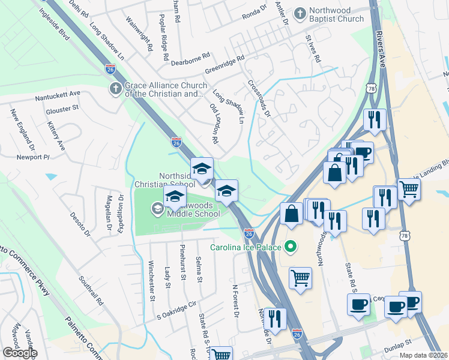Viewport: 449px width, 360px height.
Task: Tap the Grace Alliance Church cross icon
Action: pyautogui.click(x=115, y=89)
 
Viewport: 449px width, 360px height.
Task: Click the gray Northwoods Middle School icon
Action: pyautogui.click(x=157, y=208)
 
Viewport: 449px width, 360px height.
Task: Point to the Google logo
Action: pyautogui.click(x=20, y=352)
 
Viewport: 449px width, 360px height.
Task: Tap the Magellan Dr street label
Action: pyautogui.click(x=109, y=212)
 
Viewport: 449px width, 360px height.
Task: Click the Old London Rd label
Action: pyautogui.click(x=214, y=122)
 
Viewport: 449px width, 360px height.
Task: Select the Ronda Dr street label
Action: pyautogui.click(x=254, y=10)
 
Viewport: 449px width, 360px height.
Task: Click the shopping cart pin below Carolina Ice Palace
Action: pyautogui.click(x=301, y=278)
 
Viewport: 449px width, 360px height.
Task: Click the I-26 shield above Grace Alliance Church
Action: pyautogui.click(x=110, y=69)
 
